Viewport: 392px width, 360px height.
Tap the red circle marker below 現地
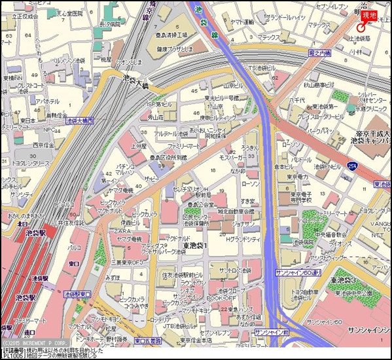[361, 27]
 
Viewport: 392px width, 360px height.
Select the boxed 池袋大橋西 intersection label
[80, 120]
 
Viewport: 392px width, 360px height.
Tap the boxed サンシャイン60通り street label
[298, 271]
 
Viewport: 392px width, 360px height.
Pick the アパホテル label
[48, 102]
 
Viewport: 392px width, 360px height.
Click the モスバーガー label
[232, 158]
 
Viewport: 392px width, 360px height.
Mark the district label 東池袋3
[343, 279]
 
